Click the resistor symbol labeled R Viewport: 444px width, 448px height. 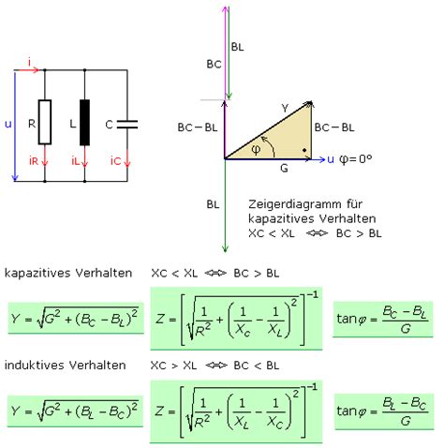(x=45, y=122)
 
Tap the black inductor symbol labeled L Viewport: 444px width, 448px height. (x=84, y=123)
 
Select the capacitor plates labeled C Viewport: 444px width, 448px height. (x=127, y=125)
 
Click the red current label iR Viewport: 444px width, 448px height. (x=34, y=160)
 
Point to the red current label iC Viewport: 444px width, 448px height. (x=115, y=160)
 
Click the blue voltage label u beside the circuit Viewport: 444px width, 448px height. (x=8, y=125)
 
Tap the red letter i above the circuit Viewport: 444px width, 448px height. (x=29, y=63)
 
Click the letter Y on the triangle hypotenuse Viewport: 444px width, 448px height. (x=285, y=108)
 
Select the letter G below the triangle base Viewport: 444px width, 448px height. (x=284, y=169)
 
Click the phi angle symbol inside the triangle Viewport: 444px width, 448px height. (x=256, y=150)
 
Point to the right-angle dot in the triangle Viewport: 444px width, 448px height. (x=304, y=150)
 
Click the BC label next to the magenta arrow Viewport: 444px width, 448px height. (x=214, y=65)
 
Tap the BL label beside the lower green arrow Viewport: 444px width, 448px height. (x=213, y=204)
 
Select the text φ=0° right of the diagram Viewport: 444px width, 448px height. (x=355, y=159)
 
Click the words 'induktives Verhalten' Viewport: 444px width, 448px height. (x=66, y=365)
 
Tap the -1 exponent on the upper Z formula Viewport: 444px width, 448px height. (x=312, y=295)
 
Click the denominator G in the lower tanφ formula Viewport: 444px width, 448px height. (x=406, y=422)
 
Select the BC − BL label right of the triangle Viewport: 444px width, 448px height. (x=334, y=127)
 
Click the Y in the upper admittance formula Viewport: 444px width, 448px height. (x=15, y=319)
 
